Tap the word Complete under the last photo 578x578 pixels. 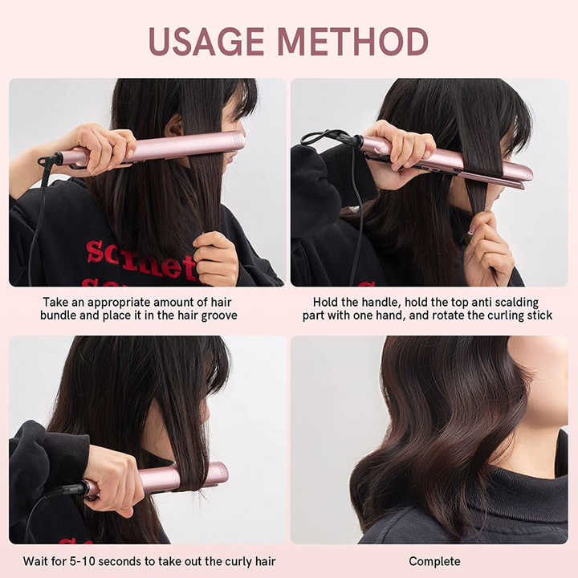pos(434,561)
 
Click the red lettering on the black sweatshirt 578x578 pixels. pos(140,258)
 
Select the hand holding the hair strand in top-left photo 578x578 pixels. pos(215,257)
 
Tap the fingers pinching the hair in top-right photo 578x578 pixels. pos(487,241)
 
